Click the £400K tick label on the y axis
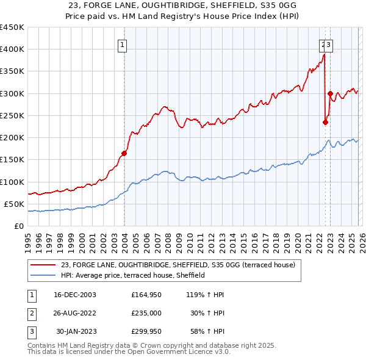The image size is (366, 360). coord(12,49)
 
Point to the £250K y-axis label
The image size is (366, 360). coord(12,116)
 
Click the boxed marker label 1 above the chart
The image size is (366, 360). coord(123,44)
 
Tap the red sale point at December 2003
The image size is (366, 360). coord(124,153)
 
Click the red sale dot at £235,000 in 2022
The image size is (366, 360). coord(325,122)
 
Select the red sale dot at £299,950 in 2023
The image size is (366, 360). coord(330,93)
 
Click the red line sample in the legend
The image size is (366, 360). coord(43,265)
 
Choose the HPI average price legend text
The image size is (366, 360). coord(133,276)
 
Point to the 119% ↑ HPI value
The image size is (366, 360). coord(206,294)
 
